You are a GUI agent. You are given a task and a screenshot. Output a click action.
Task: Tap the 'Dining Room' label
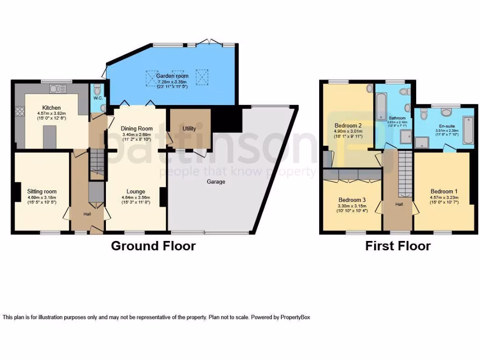coord(137,128)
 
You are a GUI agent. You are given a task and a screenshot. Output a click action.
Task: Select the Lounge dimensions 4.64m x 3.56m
coord(135,197)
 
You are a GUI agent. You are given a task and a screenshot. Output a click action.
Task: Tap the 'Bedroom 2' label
coord(348,126)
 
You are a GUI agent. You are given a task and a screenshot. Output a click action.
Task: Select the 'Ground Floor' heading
coord(153,246)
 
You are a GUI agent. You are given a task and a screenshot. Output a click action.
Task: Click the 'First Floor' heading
coord(397,246)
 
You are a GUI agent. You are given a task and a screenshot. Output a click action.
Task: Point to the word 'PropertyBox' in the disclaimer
coord(295,317)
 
